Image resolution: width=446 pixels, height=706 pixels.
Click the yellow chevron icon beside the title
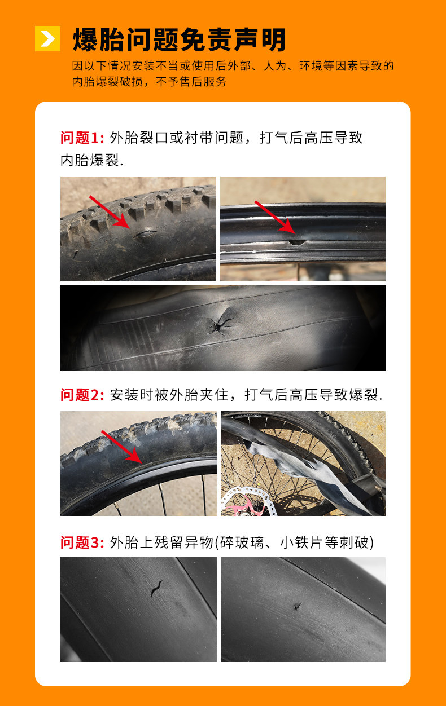47,38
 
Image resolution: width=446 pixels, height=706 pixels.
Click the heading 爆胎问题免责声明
180,39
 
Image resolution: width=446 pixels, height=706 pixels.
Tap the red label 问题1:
82,138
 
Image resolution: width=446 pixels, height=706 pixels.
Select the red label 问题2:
82,395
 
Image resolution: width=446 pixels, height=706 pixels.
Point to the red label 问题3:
82,542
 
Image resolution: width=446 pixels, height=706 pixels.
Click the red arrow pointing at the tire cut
109,212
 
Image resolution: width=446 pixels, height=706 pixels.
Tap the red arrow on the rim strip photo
275,217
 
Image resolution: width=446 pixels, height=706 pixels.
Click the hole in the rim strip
297,242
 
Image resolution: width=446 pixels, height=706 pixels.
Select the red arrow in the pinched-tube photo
122,447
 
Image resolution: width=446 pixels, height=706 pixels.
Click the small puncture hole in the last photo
297,606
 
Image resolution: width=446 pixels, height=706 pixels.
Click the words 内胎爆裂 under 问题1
90,160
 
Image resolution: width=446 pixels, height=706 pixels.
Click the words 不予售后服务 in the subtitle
191,82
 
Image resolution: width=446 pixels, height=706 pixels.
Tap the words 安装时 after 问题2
132,395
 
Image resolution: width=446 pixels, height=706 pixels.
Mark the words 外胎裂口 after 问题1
139,138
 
